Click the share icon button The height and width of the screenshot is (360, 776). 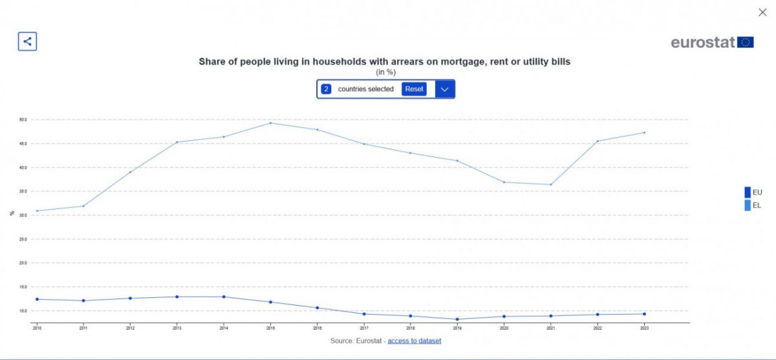click(27, 41)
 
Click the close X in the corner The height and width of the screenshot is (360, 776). click(762, 12)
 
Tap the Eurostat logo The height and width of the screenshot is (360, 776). click(712, 43)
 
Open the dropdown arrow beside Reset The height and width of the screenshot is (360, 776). click(444, 89)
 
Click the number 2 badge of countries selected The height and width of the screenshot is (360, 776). click(327, 89)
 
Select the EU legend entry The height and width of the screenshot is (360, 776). click(753, 192)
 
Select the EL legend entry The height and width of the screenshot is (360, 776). click(753, 206)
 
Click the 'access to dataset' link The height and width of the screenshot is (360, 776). click(414, 341)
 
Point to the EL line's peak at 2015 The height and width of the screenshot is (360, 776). click(270, 123)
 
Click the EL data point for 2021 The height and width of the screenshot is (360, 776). click(550, 185)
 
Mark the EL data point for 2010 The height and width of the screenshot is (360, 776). click(37, 211)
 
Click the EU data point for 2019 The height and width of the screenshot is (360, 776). click(457, 319)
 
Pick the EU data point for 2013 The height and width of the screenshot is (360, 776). click(177, 297)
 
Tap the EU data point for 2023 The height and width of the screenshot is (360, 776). click(644, 314)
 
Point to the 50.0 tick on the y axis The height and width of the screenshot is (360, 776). click(23, 120)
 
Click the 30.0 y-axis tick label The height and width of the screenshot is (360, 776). click(23, 215)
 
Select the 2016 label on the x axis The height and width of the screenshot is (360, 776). click(317, 328)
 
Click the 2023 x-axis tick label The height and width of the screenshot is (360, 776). click(644, 328)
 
